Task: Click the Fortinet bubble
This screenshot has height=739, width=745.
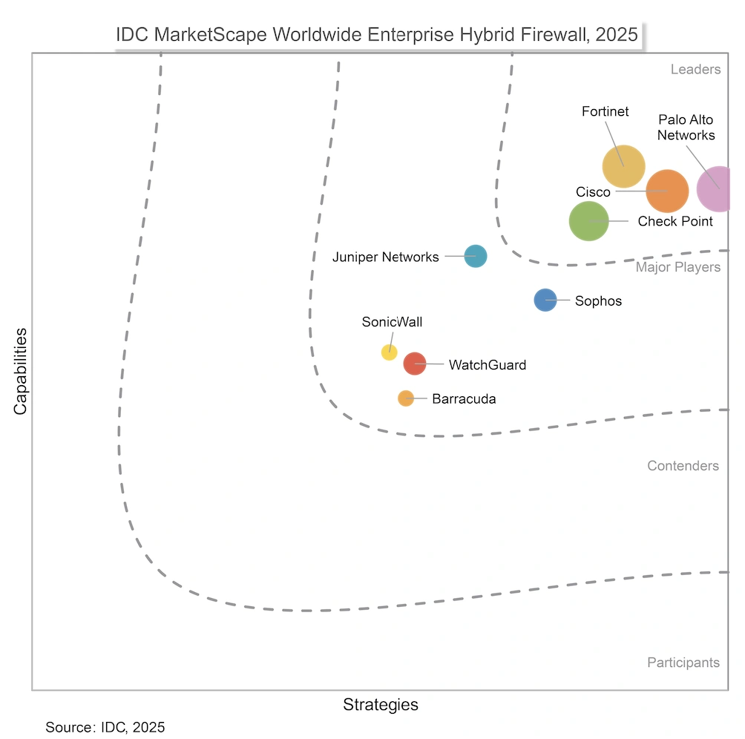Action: [623, 167]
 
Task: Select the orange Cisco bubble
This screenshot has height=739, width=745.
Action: [667, 191]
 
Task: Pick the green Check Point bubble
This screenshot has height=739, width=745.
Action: [589, 220]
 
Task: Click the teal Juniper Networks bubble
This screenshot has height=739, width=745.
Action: [475, 256]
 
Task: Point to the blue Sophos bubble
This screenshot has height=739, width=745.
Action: [545, 300]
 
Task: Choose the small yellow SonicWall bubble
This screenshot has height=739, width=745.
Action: [389, 352]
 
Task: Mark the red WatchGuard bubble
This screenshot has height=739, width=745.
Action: [414, 364]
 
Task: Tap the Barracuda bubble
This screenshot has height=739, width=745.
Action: [405, 398]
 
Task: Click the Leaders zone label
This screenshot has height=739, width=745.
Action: [695, 70]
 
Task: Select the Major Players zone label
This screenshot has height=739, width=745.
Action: [677, 267]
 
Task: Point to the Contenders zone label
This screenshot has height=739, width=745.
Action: [683, 466]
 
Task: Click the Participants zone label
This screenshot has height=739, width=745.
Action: [683, 663]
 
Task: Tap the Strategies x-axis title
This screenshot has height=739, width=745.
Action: [380, 704]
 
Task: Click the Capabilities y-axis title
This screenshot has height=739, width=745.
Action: [21, 371]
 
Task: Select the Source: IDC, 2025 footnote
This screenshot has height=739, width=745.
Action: [105, 727]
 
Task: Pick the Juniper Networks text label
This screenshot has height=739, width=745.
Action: [385, 257]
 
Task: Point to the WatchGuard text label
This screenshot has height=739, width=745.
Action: [487, 365]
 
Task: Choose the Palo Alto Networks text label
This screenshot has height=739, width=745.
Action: [686, 128]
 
